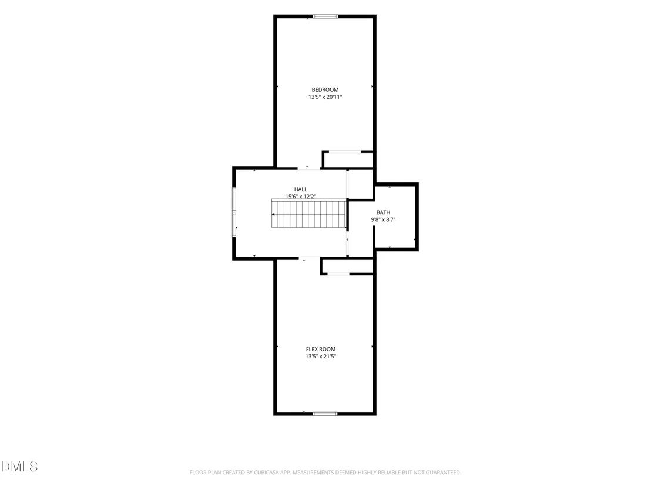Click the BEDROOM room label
[x=325, y=89]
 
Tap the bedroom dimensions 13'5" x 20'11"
[x=325, y=97]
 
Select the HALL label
[x=301, y=189]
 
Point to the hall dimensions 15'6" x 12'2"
[x=301, y=197]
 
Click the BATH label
[x=383, y=212]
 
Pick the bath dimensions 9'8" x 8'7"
[x=383, y=219]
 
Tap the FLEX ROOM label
[x=321, y=350]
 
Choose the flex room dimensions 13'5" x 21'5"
[x=321, y=357]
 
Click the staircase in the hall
[x=309, y=214]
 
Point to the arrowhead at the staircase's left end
[x=273, y=215]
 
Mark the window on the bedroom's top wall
[x=325, y=16]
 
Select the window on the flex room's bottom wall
[x=325, y=414]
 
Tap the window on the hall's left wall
[x=234, y=212]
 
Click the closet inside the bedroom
[x=348, y=159]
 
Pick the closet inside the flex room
[x=347, y=266]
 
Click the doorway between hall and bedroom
[x=309, y=168]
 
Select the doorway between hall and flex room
[x=309, y=258]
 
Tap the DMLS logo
[x=19, y=467]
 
